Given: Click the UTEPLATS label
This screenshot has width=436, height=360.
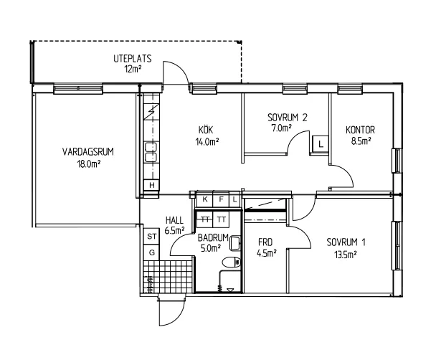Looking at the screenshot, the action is pyautogui.click(x=133, y=59).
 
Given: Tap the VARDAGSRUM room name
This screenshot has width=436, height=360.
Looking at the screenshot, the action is pyautogui.click(x=88, y=152).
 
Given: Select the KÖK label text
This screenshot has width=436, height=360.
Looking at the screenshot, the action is pyautogui.click(x=206, y=130).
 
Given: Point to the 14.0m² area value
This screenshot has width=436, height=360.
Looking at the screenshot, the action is pyautogui.click(x=207, y=142).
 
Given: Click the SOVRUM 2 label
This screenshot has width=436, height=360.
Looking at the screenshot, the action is pyautogui.click(x=288, y=118).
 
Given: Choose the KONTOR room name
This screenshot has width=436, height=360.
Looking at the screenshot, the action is pyautogui.click(x=360, y=130).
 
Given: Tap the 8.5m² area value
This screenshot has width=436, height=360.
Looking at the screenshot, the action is pyautogui.click(x=361, y=141).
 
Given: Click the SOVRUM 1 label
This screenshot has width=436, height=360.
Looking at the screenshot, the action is pyautogui.click(x=346, y=242).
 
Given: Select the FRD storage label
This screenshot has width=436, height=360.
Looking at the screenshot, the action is pyautogui.click(x=265, y=242).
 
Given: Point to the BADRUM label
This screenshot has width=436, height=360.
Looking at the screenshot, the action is pyautogui.click(x=213, y=237).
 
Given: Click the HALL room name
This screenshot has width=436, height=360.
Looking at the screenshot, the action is pyautogui.click(x=174, y=220).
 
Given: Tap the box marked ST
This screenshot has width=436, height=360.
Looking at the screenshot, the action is pyautogui.click(x=151, y=237).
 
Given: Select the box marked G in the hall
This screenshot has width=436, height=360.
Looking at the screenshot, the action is pyautogui.click(x=151, y=252).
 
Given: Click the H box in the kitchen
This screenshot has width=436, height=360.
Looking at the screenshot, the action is pyautogui.click(x=151, y=185).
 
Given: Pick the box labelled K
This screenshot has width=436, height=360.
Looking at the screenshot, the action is pyautogui.click(x=205, y=199).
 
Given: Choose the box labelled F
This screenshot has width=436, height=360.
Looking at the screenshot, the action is pyautogui.click(x=221, y=199).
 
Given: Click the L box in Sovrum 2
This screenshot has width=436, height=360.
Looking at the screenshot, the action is pyautogui.click(x=321, y=144).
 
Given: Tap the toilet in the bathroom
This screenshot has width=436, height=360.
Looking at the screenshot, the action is pyautogui.click(x=232, y=262).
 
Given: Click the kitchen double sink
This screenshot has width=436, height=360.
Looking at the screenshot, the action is pyautogui.click(x=151, y=152).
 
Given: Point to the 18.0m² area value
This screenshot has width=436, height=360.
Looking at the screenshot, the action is pyautogui.click(x=89, y=164).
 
